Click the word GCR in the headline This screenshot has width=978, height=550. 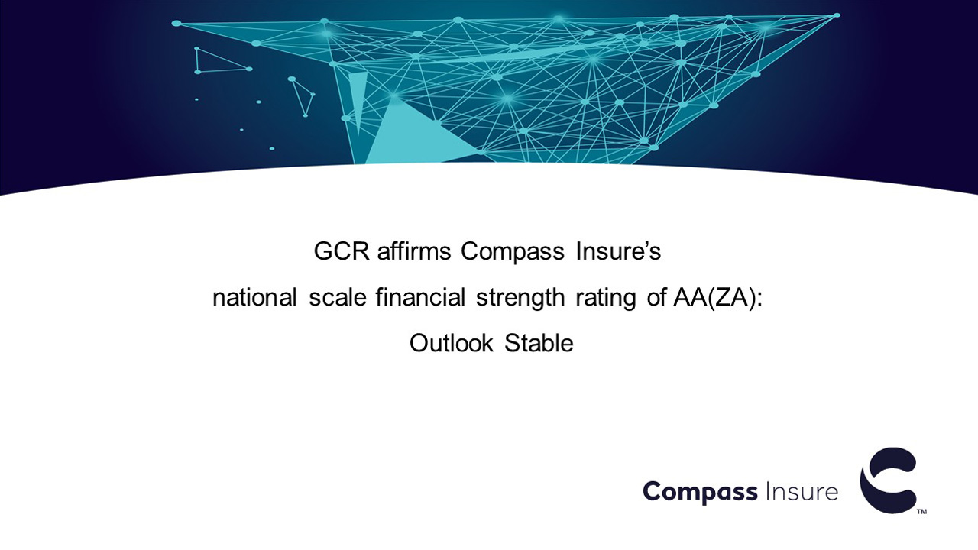tap(342, 251)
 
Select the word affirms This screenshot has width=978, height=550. tap(414, 251)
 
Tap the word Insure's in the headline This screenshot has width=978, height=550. tap(618, 251)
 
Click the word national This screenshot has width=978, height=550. tap(254, 298)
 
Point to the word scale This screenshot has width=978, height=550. tap(338, 298)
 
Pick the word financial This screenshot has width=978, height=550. tap(420, 298)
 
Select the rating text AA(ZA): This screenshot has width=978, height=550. tap(718, 299)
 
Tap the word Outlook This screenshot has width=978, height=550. tap(452, 343)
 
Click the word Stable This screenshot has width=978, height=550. tap(539, 343)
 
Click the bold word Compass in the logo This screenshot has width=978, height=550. tap(701, 493)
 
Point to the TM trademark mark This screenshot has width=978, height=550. tap(921, 512)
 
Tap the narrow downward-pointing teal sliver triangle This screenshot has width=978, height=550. tap(358, 96)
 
